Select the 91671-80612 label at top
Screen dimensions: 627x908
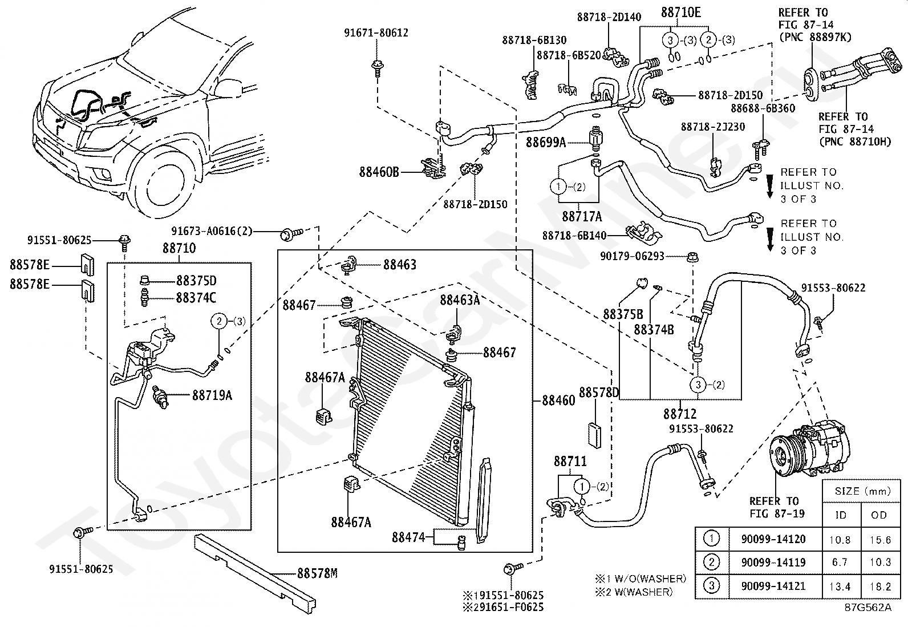click(x=376, y=33)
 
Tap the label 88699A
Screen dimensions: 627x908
click(x=545, y=142)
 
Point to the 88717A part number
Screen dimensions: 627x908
click(x=581, y=216)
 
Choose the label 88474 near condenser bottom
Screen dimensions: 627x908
click(x=408, y=537)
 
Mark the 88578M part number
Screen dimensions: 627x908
click(x=317, y=573)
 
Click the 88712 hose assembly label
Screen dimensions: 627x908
click(x=680, y=414)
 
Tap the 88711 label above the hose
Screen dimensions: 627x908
click(x=570, y=461)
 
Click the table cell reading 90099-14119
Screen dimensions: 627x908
click(x=773, y=562)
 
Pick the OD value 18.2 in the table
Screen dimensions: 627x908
click(x=879, y=586)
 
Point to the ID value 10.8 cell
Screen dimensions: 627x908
click(x=841, y=539)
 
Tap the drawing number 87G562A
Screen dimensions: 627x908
click(x=869, y=607)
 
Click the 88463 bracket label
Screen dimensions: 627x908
click(x=399, y=265)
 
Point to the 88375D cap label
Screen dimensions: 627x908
click(x=196, y=281)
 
